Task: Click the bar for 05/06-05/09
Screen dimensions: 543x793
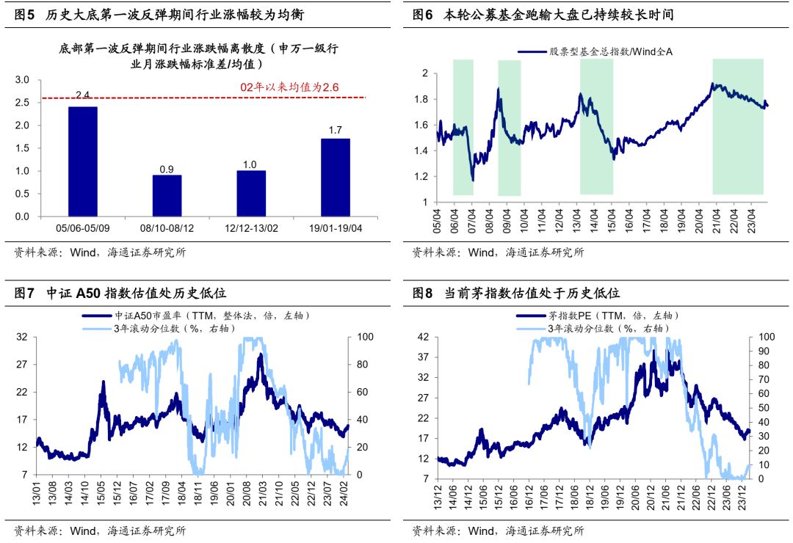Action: tap(82, 161)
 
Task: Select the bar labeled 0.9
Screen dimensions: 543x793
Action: tap(167, 196)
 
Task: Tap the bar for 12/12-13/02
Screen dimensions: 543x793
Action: tap(250, 194)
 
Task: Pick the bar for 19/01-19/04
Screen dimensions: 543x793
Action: tap(335, 178)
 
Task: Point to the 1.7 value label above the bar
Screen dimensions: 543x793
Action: tap(335, 131)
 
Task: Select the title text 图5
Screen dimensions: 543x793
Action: tap(24, 15)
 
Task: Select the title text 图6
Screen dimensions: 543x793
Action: tap(422, 15)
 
